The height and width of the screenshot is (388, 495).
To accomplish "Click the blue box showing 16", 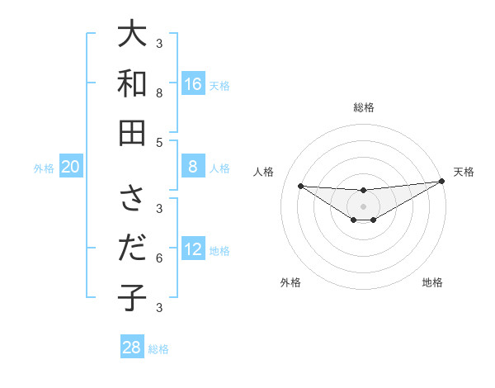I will (x=193, y=84).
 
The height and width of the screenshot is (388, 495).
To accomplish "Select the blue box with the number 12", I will (x=193, y=250).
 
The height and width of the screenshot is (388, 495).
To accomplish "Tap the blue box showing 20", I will (x=71, y=168).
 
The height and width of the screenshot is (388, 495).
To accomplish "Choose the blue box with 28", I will (x=132, y=348).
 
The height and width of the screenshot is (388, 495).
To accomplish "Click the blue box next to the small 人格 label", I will (x=193, y=168).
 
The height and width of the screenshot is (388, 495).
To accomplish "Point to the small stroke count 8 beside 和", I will (x=159, y=92).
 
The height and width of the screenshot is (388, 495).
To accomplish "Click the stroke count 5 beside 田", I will (x=159, y=142).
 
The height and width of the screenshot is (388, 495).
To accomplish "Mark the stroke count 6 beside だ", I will (x=159, y=258).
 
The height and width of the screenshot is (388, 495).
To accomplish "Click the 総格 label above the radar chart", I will (x=364, y=107).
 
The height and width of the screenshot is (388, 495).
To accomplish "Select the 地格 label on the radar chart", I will (x=432, y=282).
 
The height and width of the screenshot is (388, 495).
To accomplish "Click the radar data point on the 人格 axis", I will (x=300, y=186).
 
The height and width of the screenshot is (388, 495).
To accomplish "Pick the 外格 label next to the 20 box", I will (x=44, y=168).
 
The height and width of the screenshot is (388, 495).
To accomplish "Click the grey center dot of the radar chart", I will (x=364, y=206).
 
